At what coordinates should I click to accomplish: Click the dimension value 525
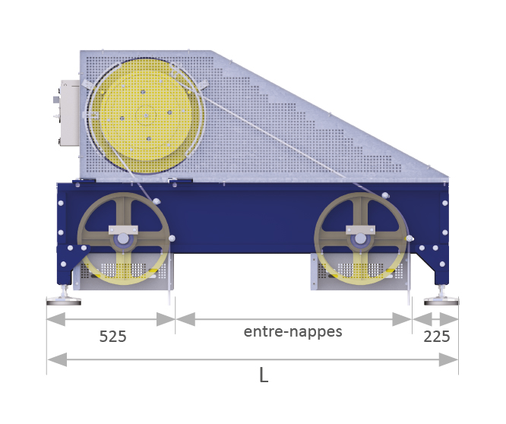click(x=112, y=336)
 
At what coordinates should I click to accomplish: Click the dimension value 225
click(x=437, y=337)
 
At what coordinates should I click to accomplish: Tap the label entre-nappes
click(x=293, y=332)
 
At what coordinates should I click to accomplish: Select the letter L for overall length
click(x=264, y=375)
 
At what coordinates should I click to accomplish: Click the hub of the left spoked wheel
click(x=122, y=239)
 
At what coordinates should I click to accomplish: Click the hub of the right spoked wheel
click(x=360, y=239)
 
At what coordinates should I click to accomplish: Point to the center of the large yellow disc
click(x=146, y=115)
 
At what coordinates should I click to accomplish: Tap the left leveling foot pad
click(x=64, y=302)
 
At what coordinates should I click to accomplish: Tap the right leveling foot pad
click(x=441, y=302)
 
